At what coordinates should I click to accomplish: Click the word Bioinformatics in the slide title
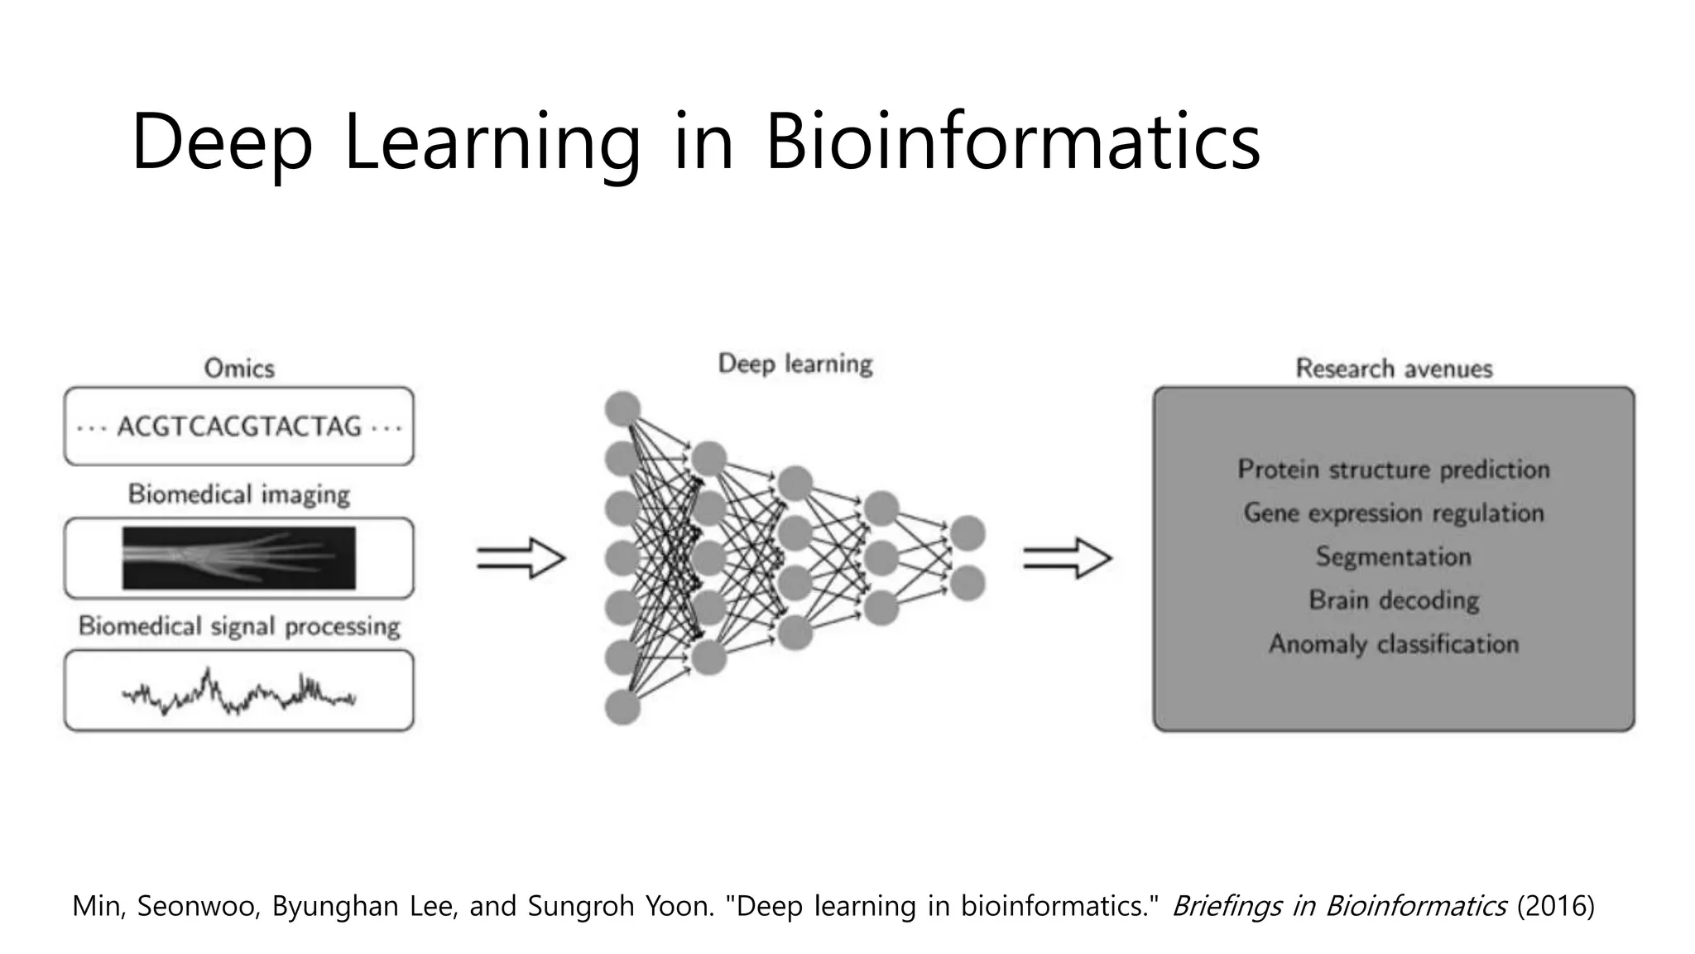point(1012,142)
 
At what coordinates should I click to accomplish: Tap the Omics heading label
point(239,369)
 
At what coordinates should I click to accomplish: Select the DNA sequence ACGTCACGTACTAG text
point(239,426)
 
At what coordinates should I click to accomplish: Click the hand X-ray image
point(239,557)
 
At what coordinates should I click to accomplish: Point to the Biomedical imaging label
point(239,494)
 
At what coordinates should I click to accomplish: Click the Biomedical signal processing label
point(239,626)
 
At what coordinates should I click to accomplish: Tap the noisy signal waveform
point(239,692)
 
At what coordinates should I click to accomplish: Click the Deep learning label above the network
point(795,364)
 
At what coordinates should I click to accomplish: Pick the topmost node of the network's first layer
point(622,409)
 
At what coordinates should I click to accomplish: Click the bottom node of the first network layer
point(622,708)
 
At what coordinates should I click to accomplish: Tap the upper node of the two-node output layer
point(968,533)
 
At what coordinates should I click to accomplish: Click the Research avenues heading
point(1394,369)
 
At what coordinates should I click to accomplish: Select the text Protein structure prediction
point(1394,470)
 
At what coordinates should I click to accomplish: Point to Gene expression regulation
point(1394,513)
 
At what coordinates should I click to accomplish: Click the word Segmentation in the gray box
point(1394,556)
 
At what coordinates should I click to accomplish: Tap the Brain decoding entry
point(1394,600)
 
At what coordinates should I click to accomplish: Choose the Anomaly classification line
point(1394,643)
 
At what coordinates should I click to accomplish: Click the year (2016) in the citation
point(1555,906)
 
